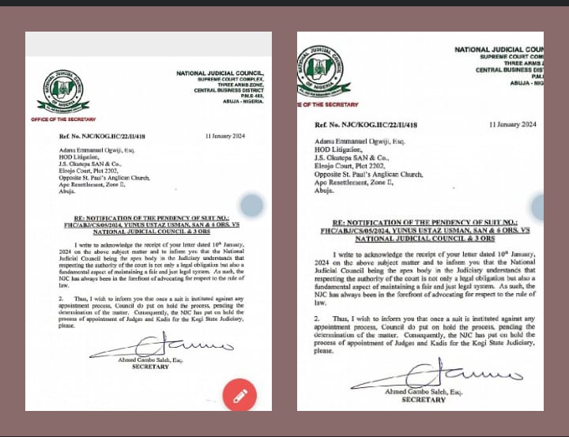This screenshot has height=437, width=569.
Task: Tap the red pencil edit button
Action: coord(239,394)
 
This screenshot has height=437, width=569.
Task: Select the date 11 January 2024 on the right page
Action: coord(513,125)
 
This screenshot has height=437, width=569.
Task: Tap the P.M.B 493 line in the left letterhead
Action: coord(252,96)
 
